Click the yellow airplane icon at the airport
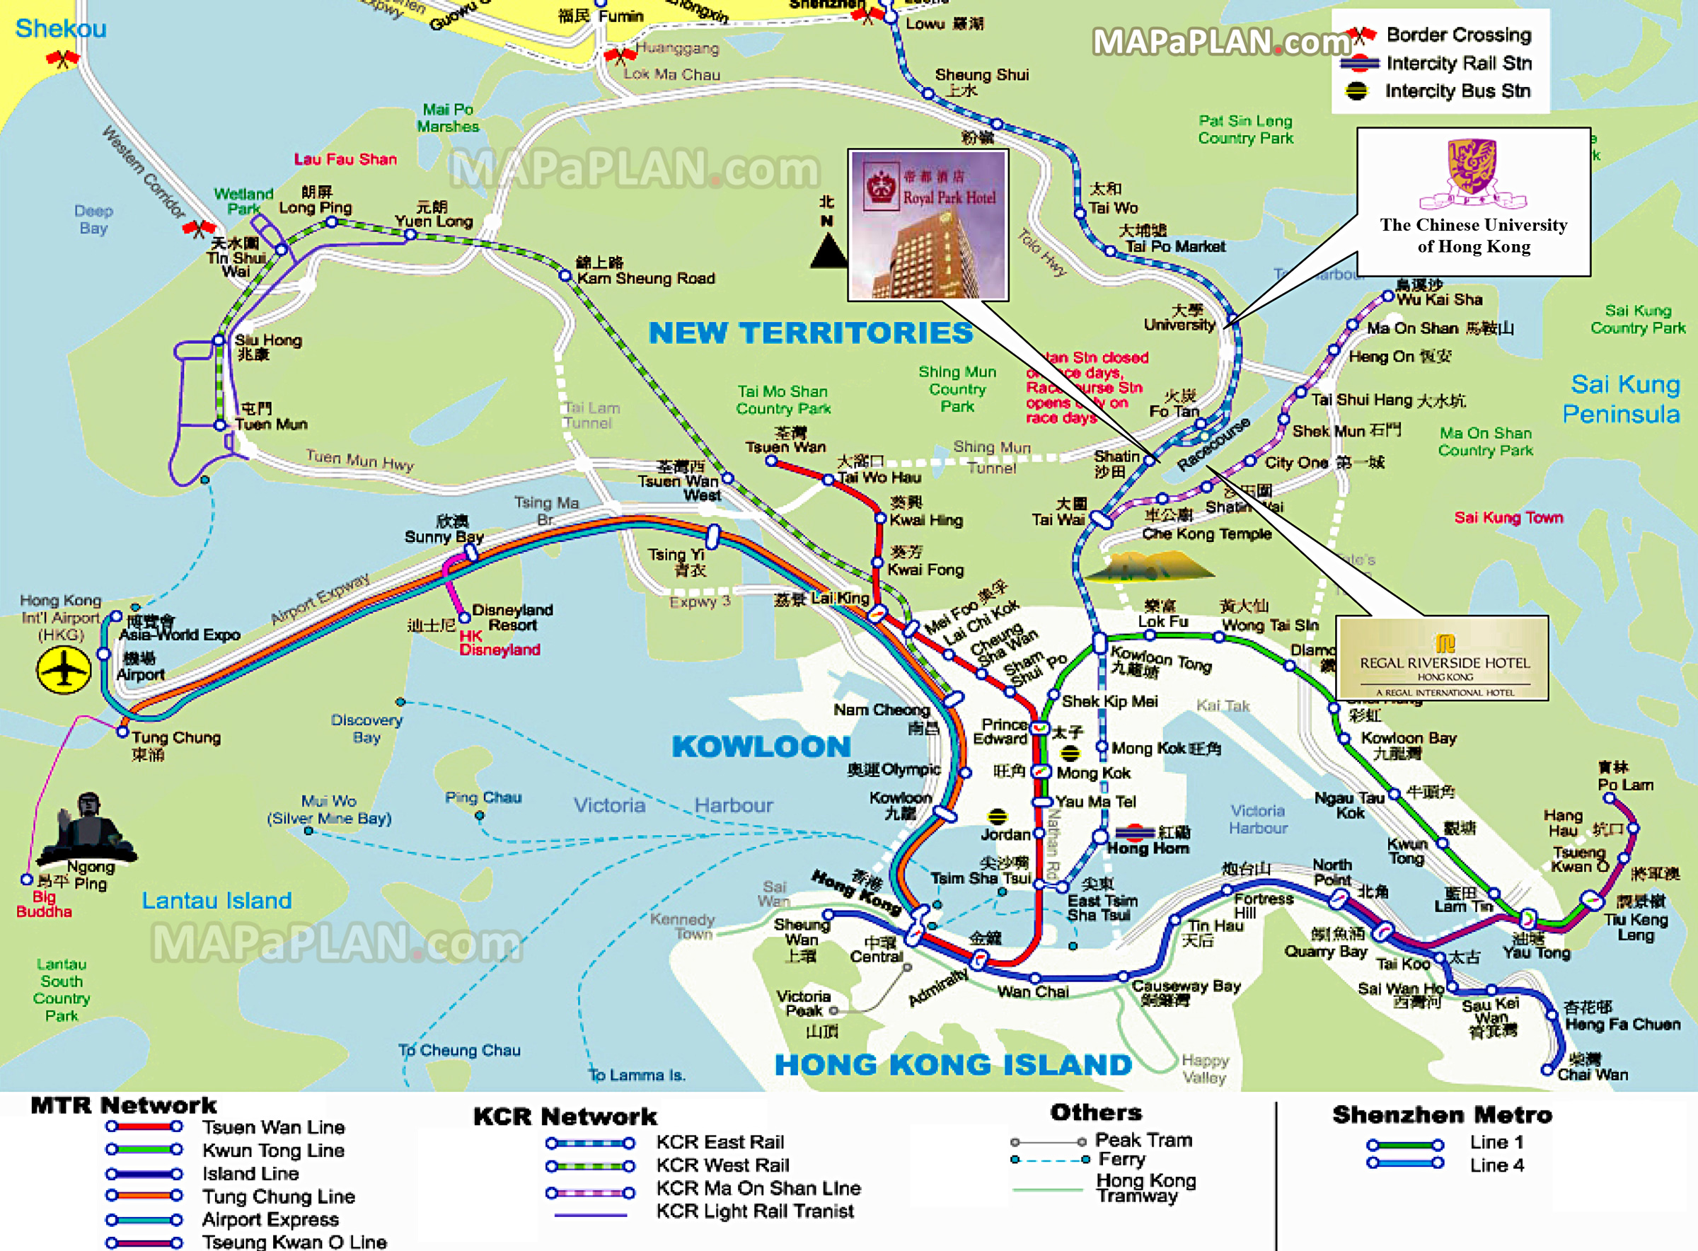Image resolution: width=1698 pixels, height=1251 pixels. (64, 669)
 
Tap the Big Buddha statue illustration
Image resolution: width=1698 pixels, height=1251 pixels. (87, 829)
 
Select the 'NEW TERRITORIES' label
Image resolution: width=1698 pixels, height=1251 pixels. (810, 333)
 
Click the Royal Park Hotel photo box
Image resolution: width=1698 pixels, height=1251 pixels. (928, 225)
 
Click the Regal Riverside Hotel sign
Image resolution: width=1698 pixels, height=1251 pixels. (1442, 657)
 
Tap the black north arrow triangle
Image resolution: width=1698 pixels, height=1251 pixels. (829, 250)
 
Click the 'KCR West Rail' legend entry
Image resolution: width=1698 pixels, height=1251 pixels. (722, 1165)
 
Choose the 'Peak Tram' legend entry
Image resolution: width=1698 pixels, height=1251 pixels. (1143, 1140)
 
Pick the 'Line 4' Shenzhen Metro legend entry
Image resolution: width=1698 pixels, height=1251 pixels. (1496, 1165)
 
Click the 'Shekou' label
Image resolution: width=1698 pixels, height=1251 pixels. (61, 29)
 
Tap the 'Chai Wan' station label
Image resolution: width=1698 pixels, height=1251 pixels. (1592, 1074)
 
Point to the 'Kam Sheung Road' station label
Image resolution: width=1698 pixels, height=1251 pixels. (645, 278)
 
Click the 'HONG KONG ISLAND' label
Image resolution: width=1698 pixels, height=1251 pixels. (953, 1064)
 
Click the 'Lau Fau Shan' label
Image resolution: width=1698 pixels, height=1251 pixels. (345, 159)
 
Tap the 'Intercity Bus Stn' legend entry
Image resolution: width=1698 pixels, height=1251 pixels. (1457, 91)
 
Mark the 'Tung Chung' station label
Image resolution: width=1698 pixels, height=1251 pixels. (175, 737)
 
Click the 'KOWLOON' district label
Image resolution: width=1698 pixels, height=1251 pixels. (761, 746)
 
